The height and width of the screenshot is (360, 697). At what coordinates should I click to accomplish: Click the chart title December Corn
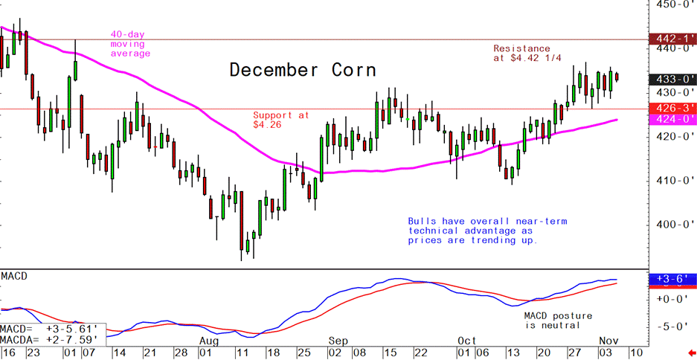(x=302, y=71)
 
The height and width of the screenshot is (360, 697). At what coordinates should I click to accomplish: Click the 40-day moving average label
(x=130, y=44)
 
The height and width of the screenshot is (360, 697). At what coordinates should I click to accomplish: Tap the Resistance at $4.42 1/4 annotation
(x=522, y=54)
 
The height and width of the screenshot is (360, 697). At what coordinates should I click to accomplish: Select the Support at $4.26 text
(x=280, y=120)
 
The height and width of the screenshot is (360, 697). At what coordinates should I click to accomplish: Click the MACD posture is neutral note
(x=552, y=321)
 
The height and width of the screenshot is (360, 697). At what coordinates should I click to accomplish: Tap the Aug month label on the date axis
(x=210, y=339)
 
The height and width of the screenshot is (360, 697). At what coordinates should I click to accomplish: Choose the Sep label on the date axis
(x=337, y=339)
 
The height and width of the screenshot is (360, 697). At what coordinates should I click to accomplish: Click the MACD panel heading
(x=14, y=277)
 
